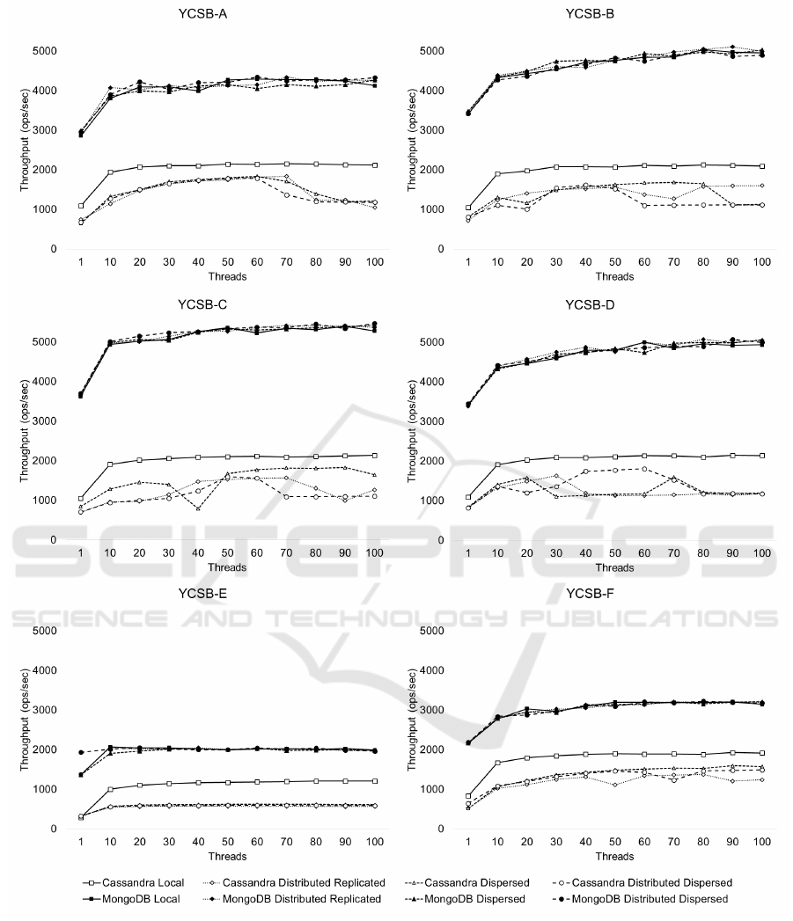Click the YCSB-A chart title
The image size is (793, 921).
[198, 14]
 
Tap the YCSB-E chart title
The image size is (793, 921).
[198, 593]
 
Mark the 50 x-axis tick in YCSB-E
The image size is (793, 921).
[228, 842]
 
